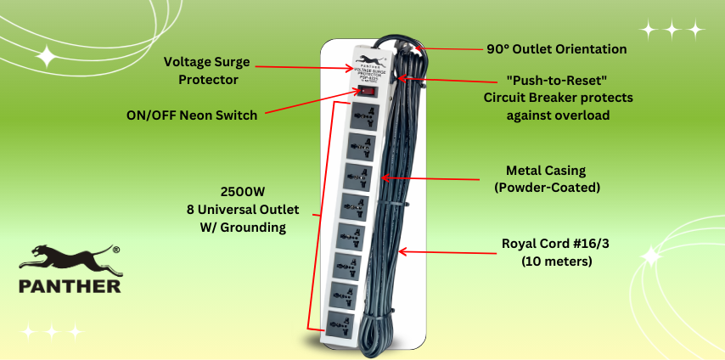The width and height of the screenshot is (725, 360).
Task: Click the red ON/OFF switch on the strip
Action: click(365, 90)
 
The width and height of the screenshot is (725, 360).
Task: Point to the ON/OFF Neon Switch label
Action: click(192, 115)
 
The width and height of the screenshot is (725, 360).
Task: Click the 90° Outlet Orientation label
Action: click(557, 49)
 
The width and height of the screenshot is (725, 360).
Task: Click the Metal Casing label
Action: click(546, 171)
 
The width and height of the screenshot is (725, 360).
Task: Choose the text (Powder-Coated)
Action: click(546, 187)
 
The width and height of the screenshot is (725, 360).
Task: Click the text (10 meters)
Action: click(557, 262)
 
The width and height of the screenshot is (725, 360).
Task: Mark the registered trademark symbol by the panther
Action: click(115, 249)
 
